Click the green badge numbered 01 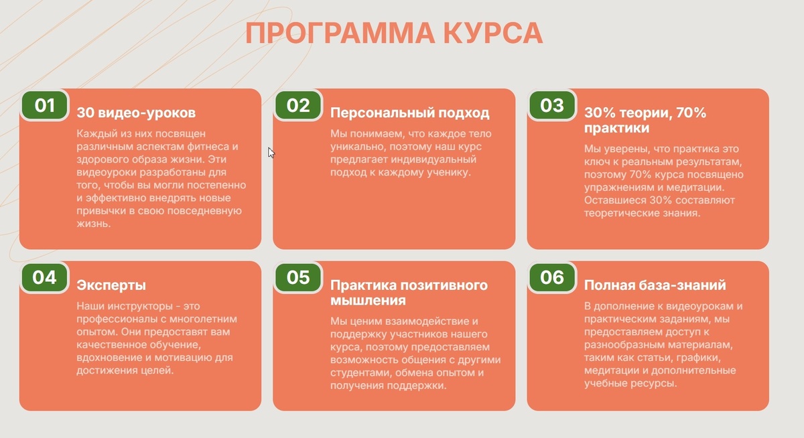[44, 105]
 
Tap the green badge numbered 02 [298, 105]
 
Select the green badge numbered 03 [552, 105]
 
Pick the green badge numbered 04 [44, 277]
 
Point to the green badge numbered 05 [298, 277]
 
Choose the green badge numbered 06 [552, 277]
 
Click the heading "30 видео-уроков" [136, 113]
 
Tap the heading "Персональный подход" [410, 113]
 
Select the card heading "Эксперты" [111, 285]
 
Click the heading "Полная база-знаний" [655, 285]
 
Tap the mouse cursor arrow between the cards [271, 152]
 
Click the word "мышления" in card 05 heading [365, 300]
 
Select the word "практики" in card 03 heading [616, 127]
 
